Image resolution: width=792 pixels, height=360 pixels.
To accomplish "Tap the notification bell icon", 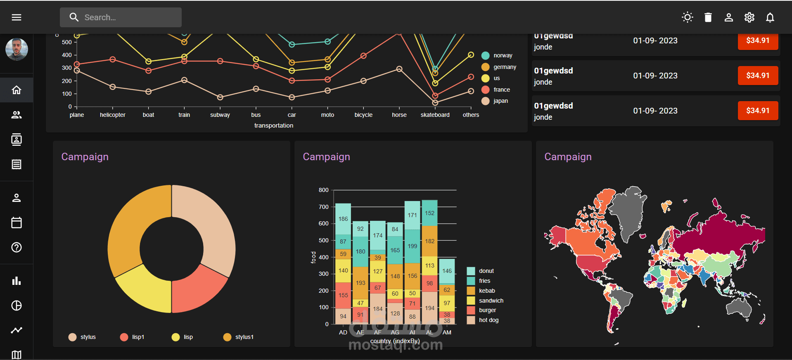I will click(770, 17).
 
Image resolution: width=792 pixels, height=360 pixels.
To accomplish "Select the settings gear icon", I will click(749, 17).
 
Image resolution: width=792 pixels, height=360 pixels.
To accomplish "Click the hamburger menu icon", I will click(17, 17).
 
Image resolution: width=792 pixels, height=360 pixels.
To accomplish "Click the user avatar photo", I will click(17, 49).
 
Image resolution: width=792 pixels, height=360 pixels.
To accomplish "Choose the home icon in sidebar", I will click(17, 90).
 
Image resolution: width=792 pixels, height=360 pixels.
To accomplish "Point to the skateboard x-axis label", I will click(435, 115).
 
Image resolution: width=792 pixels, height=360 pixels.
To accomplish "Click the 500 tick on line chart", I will click(67, 42).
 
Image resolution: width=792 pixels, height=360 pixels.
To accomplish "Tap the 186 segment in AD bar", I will click(343, 219).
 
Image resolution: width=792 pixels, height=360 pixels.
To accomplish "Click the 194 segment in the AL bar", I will click(429, 308).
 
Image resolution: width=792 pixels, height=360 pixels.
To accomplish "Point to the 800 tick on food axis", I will click(324, 190).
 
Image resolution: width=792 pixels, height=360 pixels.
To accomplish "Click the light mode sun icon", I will click(688, 17).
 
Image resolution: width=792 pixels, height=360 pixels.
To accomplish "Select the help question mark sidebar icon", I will click(17, 247).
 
